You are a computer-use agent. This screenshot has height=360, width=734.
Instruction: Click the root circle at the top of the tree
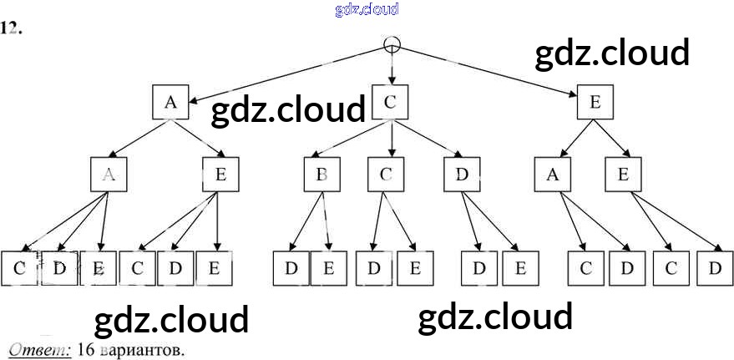click(392, 44)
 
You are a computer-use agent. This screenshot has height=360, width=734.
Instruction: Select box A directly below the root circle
click(170, 103)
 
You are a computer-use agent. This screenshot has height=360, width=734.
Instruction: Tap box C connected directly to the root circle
click(390, 103)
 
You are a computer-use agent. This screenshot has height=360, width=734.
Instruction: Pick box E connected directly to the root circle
click(595, 103)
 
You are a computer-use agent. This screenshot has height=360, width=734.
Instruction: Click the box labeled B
click(321, 175)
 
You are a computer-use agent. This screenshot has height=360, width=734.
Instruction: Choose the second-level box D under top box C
click(463, 175)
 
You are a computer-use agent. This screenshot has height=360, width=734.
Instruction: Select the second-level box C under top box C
click(385, 175)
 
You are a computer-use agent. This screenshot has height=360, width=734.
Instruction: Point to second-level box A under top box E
click(553, 175)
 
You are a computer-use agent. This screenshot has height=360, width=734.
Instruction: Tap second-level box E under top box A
click(220, 175)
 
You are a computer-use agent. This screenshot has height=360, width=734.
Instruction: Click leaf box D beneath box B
click(291, 268)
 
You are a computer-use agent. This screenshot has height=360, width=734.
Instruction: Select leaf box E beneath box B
click(328, 268)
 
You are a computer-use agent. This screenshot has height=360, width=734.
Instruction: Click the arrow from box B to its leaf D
click(306, 221)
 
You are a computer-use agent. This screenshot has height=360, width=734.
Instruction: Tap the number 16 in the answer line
click(84, 350)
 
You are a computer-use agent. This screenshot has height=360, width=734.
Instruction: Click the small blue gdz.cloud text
click(367, 9)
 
